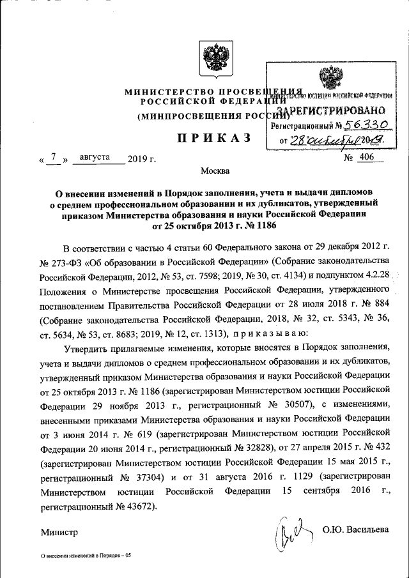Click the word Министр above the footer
coord(59,531)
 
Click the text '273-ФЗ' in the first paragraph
coord(68,261)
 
